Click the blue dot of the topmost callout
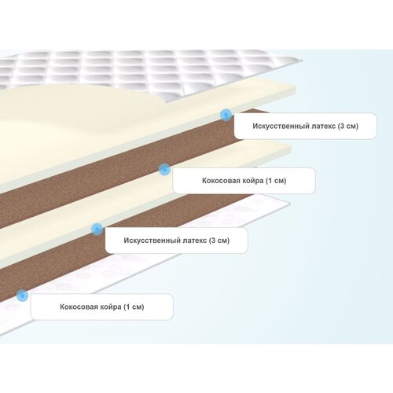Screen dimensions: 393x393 (x=226, y=115)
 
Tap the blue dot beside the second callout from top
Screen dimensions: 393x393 (x=164, y=170)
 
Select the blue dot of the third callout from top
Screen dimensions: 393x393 (x=97, y=230)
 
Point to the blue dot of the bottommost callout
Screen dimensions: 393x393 (x=22, y=296)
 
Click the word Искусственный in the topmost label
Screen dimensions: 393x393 (x=281, y=126)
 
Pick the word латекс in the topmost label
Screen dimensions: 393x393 (x=324, y=126)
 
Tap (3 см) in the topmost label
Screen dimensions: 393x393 (x=348, y=126)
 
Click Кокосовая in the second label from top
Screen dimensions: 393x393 (x=221, y=181)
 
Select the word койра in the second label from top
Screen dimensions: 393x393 (x=253, y=181)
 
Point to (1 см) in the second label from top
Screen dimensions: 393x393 (x=276, y=181)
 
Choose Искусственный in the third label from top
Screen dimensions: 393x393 (x=152, y=241)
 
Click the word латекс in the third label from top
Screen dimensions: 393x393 (x=195, y=241)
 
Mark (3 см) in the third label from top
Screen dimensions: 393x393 (x=219, y=241)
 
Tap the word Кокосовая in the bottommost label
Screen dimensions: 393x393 (x=79, y=307)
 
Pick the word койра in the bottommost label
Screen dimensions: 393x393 (x=111, y=307)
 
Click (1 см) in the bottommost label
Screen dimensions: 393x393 (x=134, y=307)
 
